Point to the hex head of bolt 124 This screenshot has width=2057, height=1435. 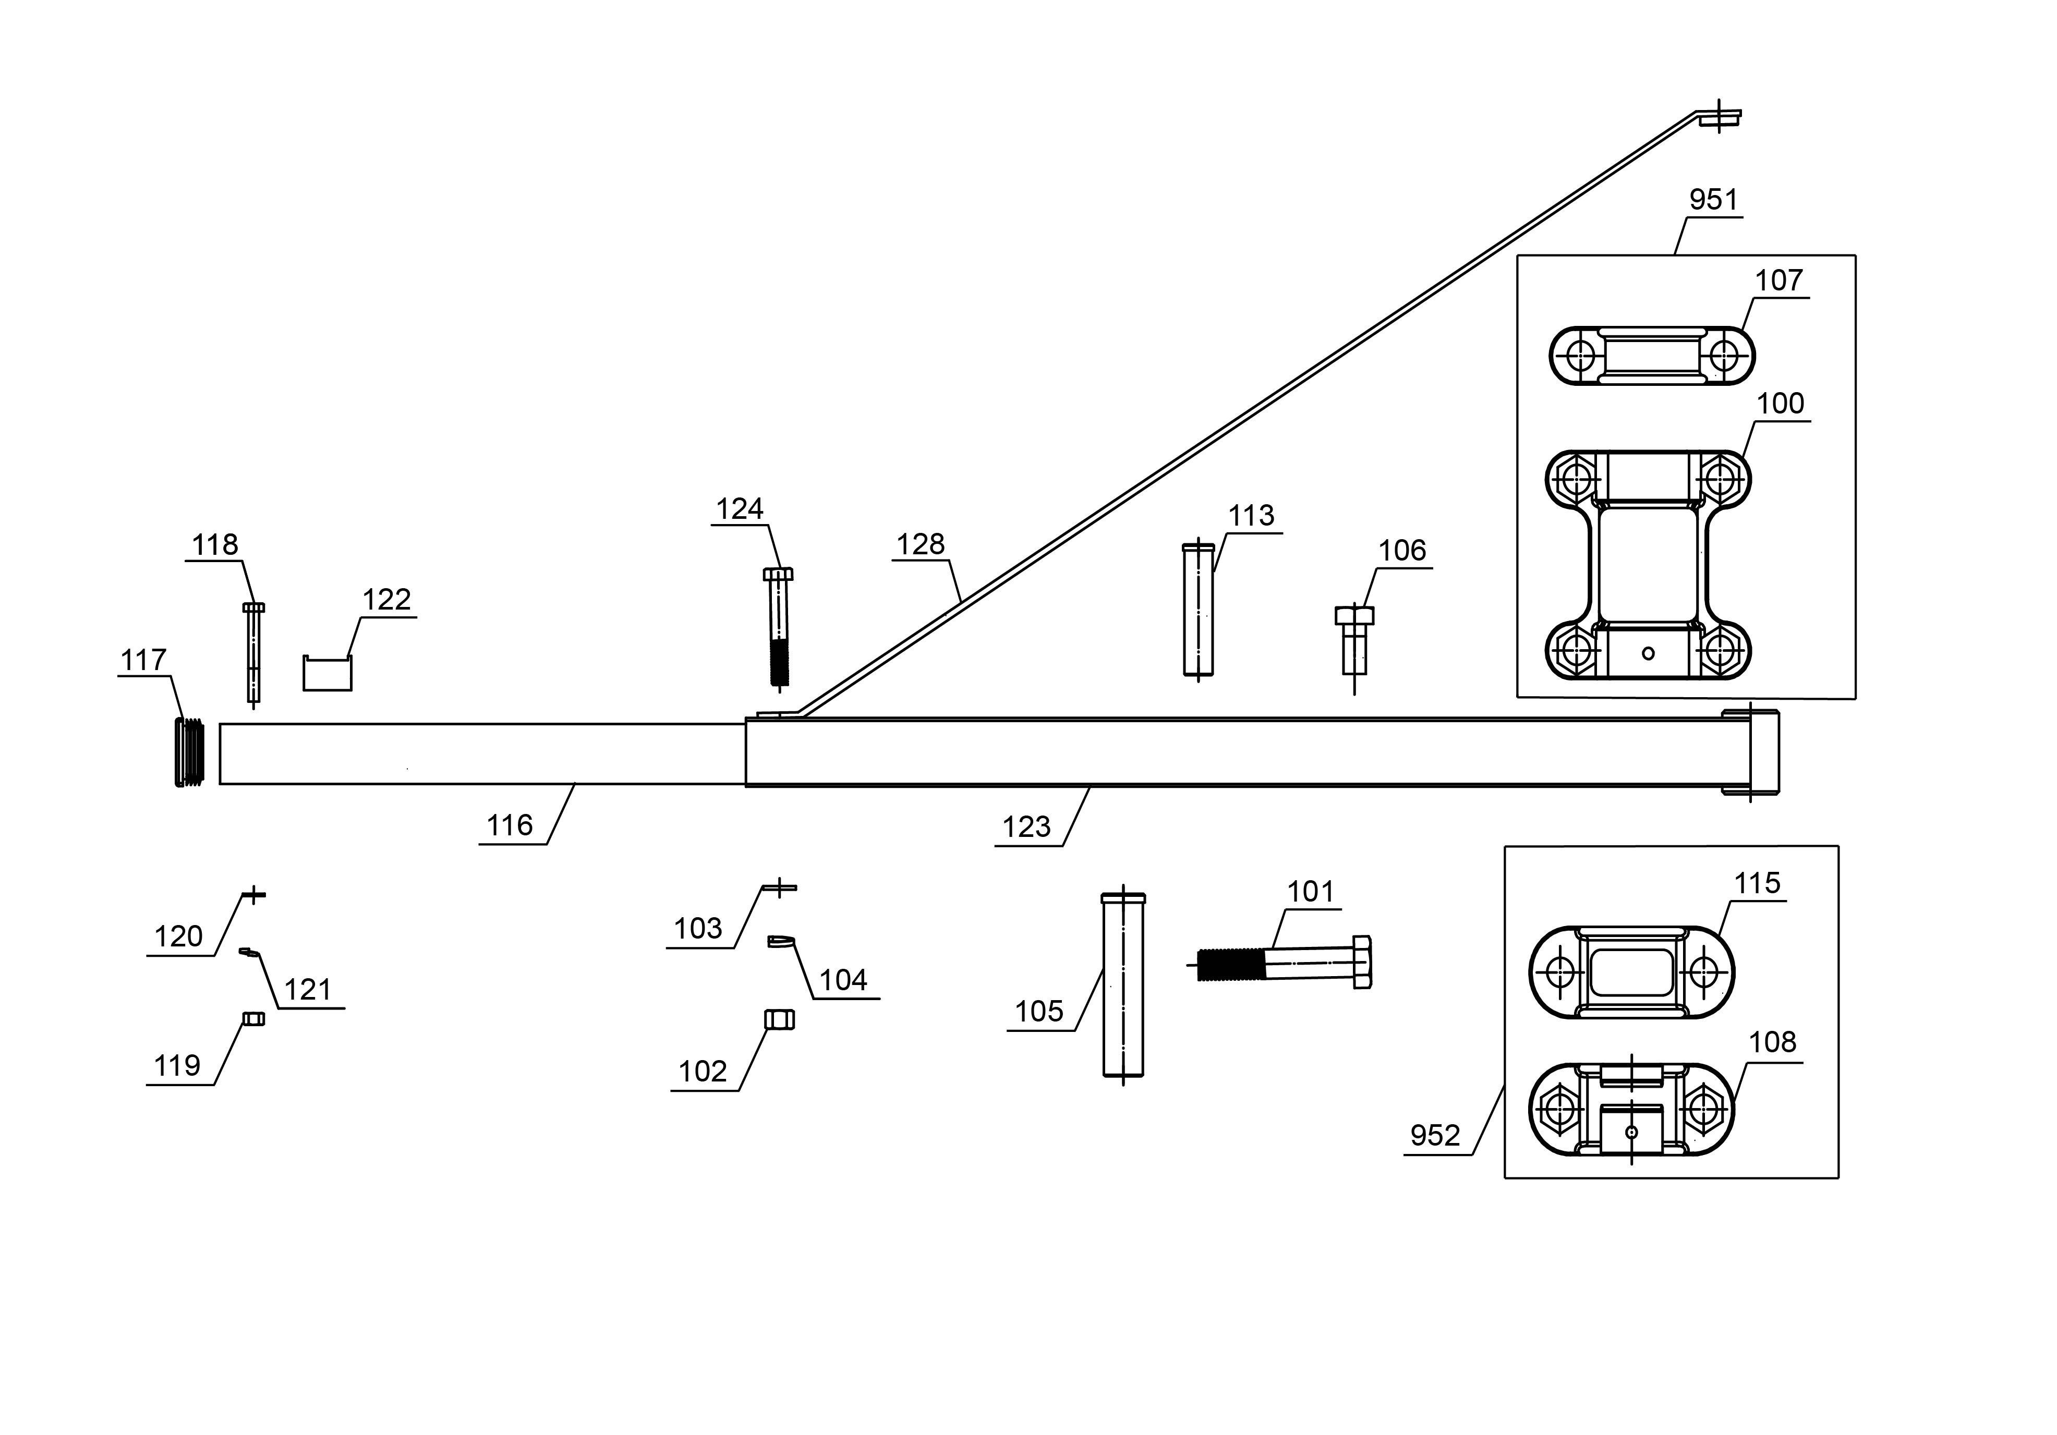click(778, 574)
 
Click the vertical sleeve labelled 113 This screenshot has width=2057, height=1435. click(1199, 609)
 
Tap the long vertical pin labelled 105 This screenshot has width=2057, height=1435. click(1122, 986)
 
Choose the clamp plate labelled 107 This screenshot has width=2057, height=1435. click(1651, 356)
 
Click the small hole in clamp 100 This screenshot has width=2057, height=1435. click(1648, 653)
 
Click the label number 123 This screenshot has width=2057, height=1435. click(1026, 827)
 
